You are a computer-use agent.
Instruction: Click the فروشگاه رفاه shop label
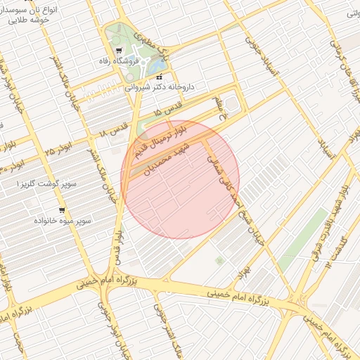[x=118, y=60]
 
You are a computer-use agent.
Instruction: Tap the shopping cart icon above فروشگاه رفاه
[x=118, y=50]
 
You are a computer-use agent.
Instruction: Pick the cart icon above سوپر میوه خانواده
[x=63, y=210]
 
